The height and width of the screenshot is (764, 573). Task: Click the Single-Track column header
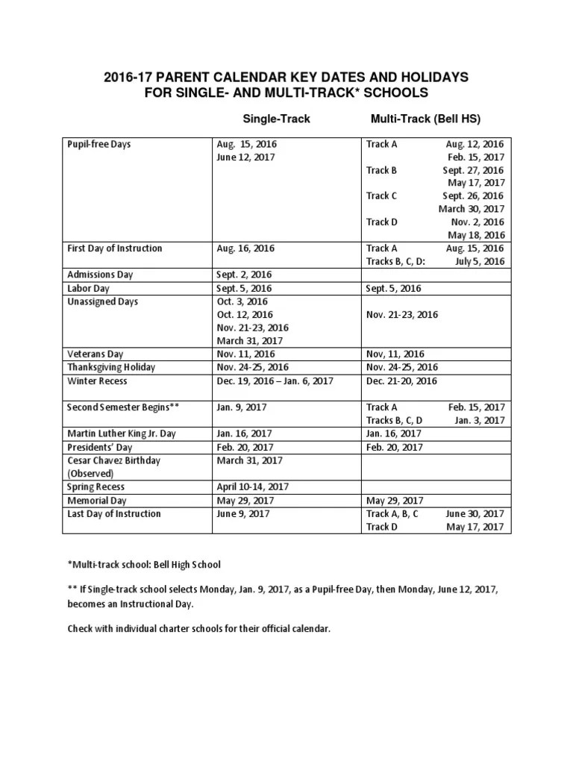(x=275, y=118)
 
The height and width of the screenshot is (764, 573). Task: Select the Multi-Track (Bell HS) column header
(x=425, y=118)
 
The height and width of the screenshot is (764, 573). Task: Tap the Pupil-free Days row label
(x=98, y=143)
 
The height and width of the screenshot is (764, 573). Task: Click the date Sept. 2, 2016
(x=244, y=275)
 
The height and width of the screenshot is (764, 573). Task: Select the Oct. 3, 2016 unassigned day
(x=242, y=301)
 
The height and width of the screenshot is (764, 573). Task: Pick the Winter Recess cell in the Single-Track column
(x=275, y=381)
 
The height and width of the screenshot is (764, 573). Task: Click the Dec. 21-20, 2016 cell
(x=401, y=381)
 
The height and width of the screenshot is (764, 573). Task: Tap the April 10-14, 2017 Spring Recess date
(x=253, y=486)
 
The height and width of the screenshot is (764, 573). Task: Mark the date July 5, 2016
(x=480, y=261)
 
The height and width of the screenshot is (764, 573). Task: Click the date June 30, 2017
(x=475, y=514)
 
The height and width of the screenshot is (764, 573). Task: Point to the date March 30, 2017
(x=472, y=209)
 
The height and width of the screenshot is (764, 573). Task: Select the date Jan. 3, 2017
(x=480, y=420)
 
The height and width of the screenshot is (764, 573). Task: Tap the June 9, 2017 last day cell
(x=243, y=514)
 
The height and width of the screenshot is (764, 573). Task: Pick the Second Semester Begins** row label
(x=123, y=407)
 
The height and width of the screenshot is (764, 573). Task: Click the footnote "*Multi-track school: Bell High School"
(x=144, y=564)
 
